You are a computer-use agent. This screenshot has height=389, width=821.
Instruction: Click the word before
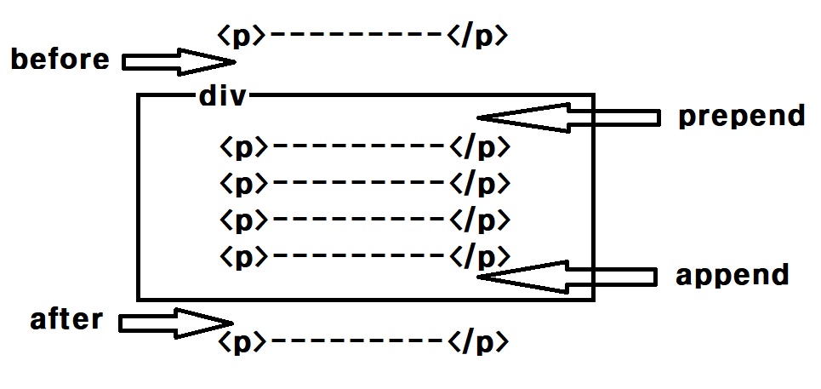pos(60,60)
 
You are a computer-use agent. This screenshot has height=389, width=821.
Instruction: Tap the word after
pos(66,319)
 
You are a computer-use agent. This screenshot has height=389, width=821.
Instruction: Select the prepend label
pos(741,116)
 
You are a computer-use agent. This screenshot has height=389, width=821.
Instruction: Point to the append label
pos(733,275)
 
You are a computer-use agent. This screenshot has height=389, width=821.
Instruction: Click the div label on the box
pos(222,96)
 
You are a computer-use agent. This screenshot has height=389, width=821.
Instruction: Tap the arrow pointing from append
pos(567,277)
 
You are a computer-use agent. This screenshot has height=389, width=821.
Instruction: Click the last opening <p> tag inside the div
pos(242,255)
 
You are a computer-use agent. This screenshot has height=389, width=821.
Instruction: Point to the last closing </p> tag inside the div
pos(479,255)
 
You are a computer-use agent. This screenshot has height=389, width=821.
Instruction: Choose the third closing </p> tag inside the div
pos(479,220)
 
